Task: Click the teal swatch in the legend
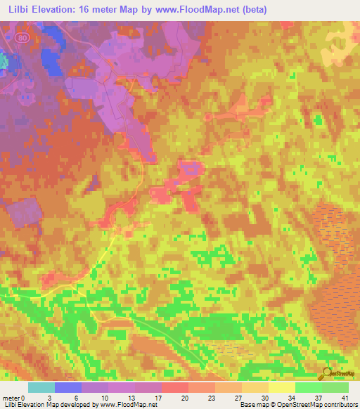pyautogui.click(x=41, y=387)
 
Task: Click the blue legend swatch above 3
pyautogui.click(x=68, y=387)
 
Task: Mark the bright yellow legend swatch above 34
pyautogui.click(x=282, y=387)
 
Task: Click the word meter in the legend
pyautogui.click(x=11, y=398)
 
